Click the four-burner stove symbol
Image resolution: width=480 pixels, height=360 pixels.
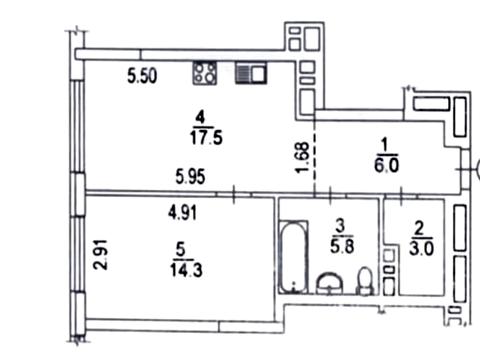click(x=205, y=73)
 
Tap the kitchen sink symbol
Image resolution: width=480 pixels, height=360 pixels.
click(x=251, y=73)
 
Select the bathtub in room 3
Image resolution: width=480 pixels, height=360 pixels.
click(x=293, y=257)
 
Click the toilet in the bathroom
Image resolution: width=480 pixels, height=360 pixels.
click(x=365, y=282)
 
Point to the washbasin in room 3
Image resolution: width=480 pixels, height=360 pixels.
click(x=329, y=284)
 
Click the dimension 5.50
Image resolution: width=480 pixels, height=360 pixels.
click(x=142, y=76)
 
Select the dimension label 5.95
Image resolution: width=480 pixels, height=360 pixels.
click(x=190, y=177)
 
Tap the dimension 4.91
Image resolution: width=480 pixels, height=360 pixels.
click(x=182, y=213)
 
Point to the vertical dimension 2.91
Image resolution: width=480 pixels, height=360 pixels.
click(x=101, y=254)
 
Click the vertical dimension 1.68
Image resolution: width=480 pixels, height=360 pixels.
click(x=303, y=158)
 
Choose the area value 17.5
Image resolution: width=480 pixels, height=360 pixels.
click(x=206, y=138)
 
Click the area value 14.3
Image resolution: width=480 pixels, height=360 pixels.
click(x=186, y=270)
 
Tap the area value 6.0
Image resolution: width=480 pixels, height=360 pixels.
click(x=386, y=165)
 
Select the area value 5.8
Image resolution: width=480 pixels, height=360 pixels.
click(x=342, y=247)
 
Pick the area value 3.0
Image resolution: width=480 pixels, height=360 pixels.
click(x=422, y=249)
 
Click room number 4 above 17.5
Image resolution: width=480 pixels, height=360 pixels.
click(x=200, y=118)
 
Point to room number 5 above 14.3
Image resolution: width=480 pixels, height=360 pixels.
click(x=181, y=250)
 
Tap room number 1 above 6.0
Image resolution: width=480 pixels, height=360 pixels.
click(x=384, y=145)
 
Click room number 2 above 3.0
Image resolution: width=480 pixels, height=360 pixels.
click(x=419, y=229)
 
